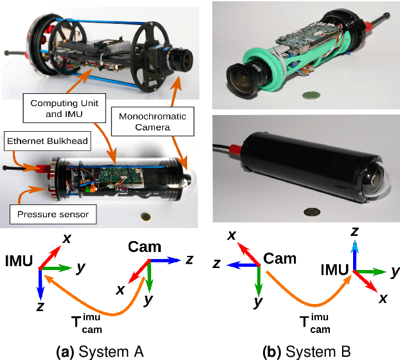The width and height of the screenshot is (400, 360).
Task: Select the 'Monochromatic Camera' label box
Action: click(153, 121)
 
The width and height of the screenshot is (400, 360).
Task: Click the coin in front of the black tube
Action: click(313, 212)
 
